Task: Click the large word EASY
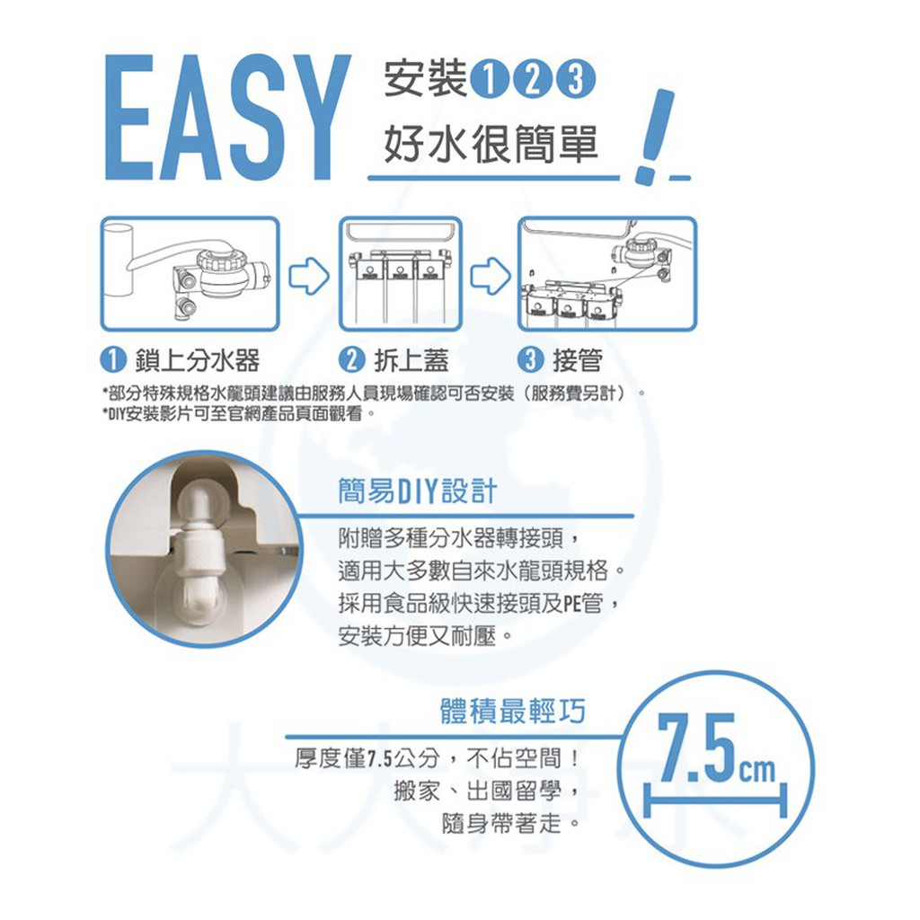[228, 118]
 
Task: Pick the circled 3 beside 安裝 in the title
[576, 80]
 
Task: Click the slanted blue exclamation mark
[656, 137]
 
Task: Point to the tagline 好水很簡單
[491, 145]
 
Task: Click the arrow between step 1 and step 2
[309, 276]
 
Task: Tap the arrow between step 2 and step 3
[491, 276]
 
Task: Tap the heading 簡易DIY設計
[417, 491]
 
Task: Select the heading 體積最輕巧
[513, 712]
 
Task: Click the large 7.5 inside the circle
[696, 748]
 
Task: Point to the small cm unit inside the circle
[757, 769]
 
